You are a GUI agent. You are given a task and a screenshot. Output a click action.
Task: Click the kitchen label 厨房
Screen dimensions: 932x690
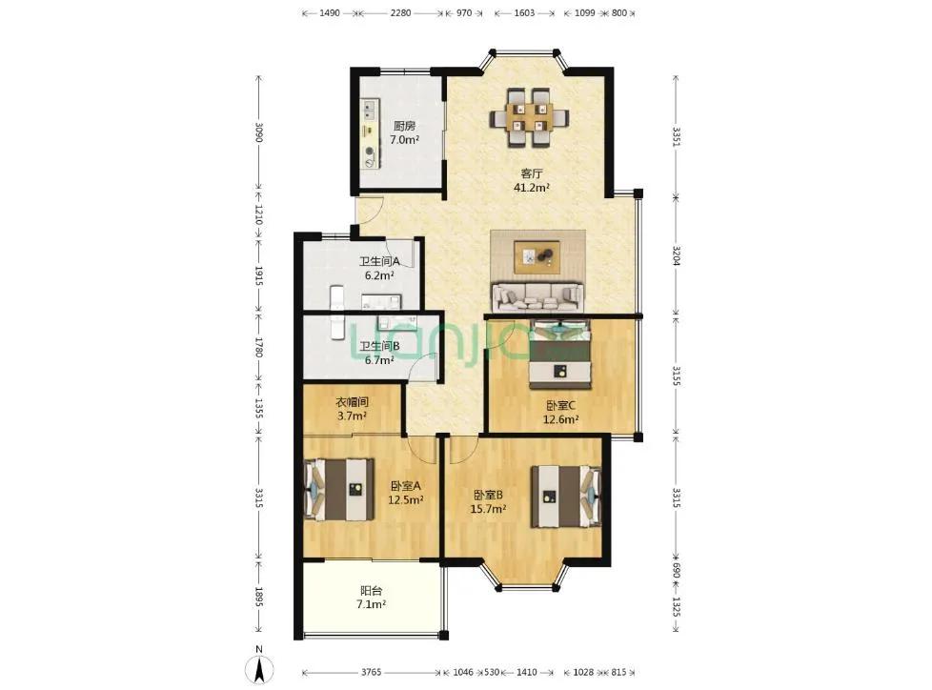coord(404,126)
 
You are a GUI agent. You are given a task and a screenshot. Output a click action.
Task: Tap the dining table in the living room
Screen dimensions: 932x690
coord(529,117)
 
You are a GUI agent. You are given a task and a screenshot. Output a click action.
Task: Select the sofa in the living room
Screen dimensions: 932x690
coord(537,296)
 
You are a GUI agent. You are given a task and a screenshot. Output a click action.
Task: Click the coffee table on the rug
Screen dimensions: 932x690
coord(537,257)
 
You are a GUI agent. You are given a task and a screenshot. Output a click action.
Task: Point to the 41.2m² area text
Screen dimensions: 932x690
coord(532,188)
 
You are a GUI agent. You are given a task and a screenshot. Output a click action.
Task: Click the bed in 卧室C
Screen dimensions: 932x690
coord(560,355)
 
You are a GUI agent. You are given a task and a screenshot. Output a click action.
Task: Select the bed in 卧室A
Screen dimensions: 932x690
coord(339,490)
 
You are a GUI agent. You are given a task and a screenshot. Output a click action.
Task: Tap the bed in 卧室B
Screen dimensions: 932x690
coord(566,497)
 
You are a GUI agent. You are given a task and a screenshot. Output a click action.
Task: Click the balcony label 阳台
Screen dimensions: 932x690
coord(371,591)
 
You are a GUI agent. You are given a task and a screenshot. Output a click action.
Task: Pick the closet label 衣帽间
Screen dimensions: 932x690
coord(352,402)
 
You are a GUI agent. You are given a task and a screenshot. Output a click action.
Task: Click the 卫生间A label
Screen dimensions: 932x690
coord(379,261)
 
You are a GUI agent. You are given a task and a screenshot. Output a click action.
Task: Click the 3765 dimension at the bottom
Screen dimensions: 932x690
coord(371,672)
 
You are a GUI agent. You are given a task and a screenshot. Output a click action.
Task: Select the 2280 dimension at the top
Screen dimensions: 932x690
coord(400,12)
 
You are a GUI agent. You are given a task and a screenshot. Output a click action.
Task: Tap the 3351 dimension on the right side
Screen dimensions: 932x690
coord(676,136)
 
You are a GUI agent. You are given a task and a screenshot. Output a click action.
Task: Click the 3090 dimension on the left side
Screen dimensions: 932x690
coord(258,132)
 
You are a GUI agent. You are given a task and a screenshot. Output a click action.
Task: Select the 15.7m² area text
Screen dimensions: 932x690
coord(488,509)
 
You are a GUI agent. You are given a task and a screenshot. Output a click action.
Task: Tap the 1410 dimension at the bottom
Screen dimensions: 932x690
coord(527,672)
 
